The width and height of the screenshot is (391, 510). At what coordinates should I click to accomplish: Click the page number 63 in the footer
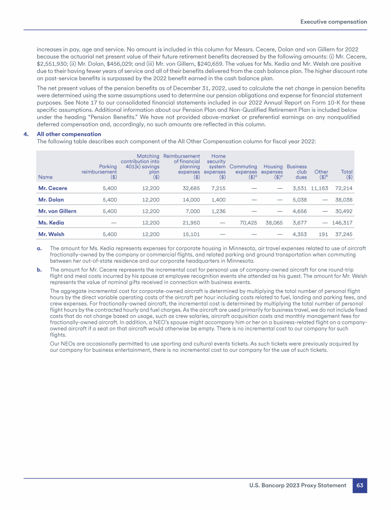pyautogui.click(x=360, y=486)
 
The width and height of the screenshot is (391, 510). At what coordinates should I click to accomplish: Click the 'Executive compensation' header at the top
pyautogui.click(x=333, y=22)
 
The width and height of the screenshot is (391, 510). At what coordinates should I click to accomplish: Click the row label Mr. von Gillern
pyautogui.click(x=58, y=211)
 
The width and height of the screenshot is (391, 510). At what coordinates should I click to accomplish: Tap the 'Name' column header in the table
pyautogui.click(x=45, y=177)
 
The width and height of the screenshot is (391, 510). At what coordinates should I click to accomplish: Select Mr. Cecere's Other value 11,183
pyautogui.click(x=320, y=188)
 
